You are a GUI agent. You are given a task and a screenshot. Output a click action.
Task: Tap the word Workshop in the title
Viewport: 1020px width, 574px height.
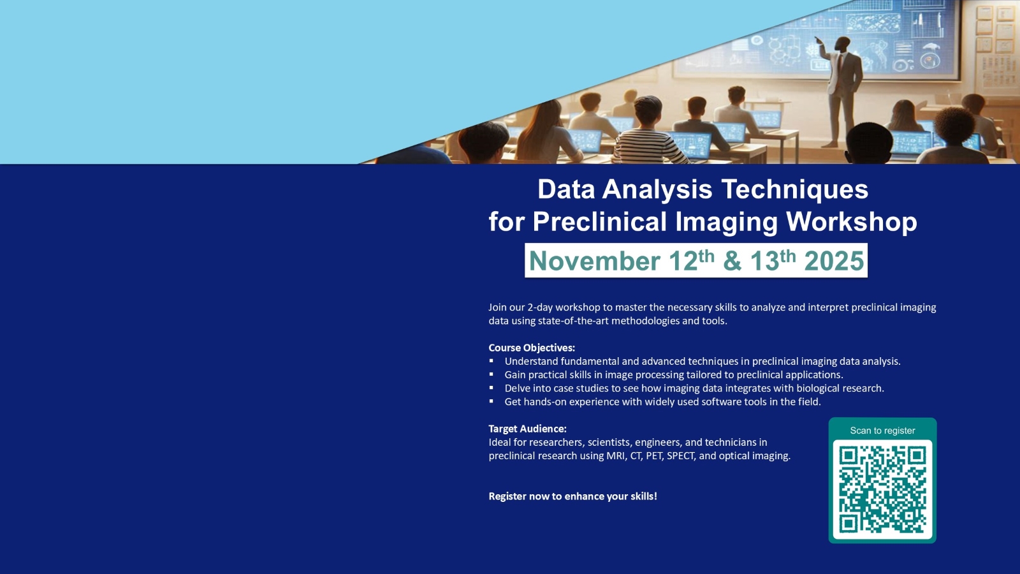pos(852,222)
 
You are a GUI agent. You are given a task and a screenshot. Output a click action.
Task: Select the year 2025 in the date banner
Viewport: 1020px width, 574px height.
pos(834,261)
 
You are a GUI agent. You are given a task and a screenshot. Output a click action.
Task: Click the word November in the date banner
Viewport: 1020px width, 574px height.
pos(595,261)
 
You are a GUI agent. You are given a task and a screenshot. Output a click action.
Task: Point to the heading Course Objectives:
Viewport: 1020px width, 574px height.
pos(532,348)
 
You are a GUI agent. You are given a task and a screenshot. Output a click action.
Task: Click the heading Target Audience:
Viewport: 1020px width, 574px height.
pos(528,429)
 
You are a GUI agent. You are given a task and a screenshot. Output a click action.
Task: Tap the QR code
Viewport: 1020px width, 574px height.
pos(882,490)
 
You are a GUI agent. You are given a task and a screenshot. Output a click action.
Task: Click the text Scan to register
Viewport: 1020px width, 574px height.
pos(882,430)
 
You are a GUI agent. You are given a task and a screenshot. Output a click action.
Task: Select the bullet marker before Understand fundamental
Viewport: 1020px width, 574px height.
pos(492,361)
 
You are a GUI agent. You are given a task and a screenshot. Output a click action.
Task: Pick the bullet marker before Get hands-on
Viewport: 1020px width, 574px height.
pos(492,401)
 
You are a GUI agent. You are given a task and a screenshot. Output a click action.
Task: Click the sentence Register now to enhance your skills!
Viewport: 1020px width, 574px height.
pos(573,496)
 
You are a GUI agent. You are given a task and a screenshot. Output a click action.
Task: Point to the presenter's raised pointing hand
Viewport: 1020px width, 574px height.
pos(818,40)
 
